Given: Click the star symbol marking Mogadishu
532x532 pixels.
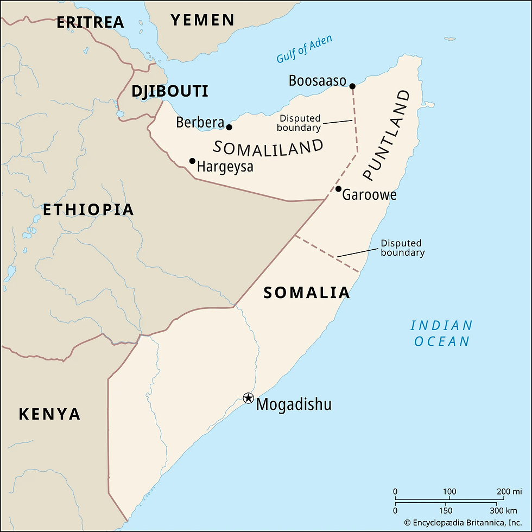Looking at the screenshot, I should [248, 398].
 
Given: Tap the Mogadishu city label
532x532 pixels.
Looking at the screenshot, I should [293, 404].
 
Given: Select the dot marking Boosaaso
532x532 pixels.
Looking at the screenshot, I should [352, 86].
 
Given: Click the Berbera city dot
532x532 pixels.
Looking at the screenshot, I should [229, 128].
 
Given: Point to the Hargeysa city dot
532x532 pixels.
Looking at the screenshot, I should [192, 161].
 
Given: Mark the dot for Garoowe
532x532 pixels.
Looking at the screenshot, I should [338, 189].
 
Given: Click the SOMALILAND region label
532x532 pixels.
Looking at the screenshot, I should [268, 148].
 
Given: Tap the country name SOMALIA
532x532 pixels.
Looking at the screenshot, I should [306, 293].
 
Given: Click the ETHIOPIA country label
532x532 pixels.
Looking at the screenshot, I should [88, 210].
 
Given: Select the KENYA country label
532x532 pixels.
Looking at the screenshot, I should [49, 414].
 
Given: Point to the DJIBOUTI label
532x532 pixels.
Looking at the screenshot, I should [170, 91].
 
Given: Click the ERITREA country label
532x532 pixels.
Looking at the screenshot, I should [90, 22].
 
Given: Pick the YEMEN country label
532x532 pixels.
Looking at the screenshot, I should [202, 21].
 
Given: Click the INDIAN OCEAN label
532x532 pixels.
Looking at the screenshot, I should [441, 333].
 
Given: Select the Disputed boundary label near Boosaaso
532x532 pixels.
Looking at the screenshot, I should [299, 123].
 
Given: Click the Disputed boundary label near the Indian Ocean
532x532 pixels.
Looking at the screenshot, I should [402, 248].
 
